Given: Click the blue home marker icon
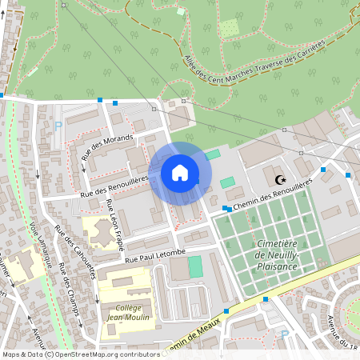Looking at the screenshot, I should (180, 173).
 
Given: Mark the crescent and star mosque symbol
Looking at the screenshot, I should (279, 180).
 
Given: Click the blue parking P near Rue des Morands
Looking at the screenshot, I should (58, 126).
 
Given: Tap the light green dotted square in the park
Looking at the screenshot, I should (230, 28).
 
